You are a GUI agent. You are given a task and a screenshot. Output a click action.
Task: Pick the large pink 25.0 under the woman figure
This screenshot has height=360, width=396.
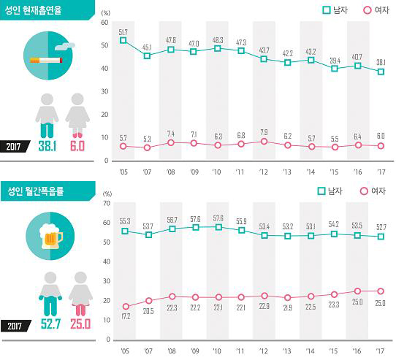point(79,324)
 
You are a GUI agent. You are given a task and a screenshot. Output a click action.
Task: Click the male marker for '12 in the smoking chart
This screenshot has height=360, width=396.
point(264,58)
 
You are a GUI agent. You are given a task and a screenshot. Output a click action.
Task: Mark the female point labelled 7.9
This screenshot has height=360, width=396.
point(264,141)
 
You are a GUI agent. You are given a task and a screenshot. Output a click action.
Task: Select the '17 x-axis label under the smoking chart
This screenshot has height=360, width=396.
point(379,172)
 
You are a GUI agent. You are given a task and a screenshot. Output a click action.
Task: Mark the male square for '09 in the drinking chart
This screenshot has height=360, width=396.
point(194,227)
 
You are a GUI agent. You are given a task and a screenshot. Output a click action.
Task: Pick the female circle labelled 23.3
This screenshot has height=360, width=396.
point(333,294)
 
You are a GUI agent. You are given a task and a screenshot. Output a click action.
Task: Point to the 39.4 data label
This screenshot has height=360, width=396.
point(333,60)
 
